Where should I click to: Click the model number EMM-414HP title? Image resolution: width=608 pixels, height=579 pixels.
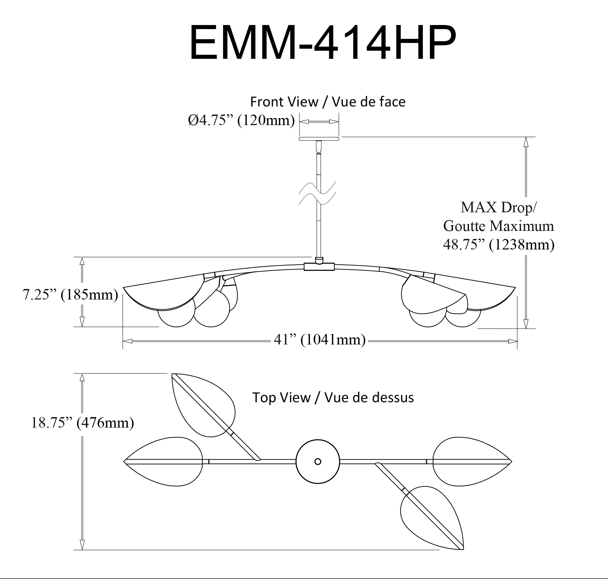[323, 43]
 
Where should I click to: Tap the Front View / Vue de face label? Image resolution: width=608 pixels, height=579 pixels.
[328, 101]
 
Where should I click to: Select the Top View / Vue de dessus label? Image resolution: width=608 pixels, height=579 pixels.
[333, 397]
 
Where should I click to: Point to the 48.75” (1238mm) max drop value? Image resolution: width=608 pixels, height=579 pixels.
[499, 244]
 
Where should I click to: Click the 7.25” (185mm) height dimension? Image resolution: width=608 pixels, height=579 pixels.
[70, 294]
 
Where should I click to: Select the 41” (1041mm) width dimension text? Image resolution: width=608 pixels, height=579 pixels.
[320, 340]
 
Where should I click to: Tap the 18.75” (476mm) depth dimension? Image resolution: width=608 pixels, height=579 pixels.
[82, 423]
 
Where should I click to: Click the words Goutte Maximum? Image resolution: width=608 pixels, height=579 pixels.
[499, 226]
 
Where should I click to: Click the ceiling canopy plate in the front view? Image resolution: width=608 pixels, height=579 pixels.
[319, 139]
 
